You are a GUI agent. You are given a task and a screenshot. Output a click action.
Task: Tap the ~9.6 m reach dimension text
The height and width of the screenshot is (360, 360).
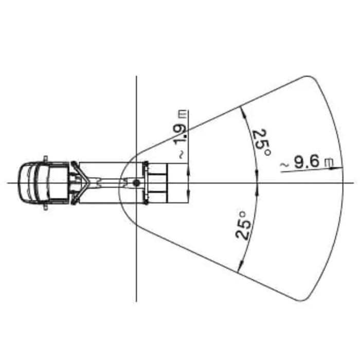coord(307,163)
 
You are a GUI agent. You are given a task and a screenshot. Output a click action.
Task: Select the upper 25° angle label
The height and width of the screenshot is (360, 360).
coord(262,143)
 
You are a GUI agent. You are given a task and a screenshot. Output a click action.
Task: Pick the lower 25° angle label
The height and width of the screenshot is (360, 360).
coord(243,226)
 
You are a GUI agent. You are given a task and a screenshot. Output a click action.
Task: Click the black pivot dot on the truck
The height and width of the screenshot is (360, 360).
coord(136,183)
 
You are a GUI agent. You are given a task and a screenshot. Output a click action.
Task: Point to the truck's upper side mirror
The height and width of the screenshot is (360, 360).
coord(45,158)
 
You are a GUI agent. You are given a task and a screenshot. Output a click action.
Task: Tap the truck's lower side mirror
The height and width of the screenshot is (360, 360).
coord(45,208)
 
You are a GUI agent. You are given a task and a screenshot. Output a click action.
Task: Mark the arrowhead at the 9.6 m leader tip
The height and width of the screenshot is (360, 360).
coord(338,168)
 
